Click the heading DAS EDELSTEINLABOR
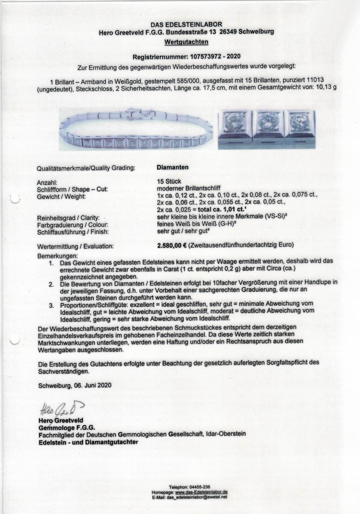click(186, 25)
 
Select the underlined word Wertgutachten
click(186, 42)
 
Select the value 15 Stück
click(169, 182)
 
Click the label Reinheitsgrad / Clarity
click(71, 218)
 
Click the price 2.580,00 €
click(175, 246)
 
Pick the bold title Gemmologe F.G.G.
click(66, 427)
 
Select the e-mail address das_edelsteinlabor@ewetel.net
click(197, 497)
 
